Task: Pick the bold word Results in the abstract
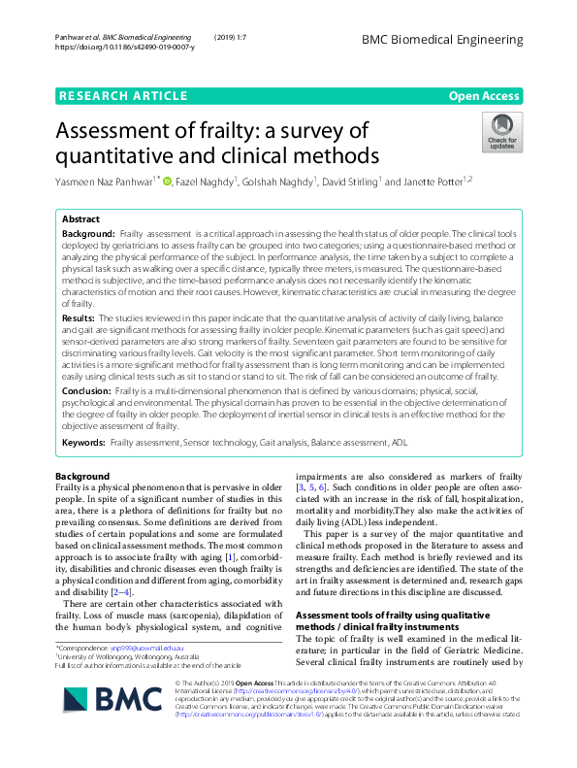[x=78, y=317]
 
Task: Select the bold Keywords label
[x=83, y=442]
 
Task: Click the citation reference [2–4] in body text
[x=119, y=591]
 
